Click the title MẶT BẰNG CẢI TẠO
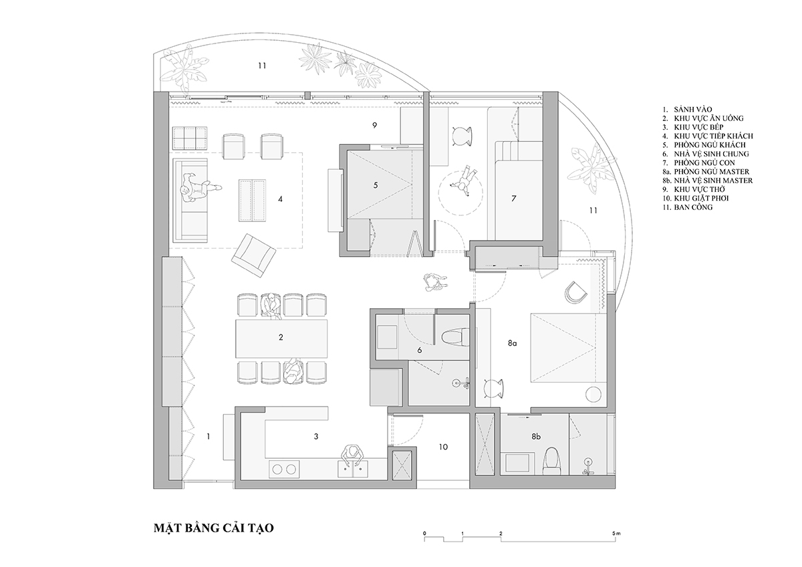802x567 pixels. click(x=214, y=529)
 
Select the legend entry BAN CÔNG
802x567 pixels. click(x=693, y=207)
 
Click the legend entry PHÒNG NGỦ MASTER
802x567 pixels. click(x=712, y=172)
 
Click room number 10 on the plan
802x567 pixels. click(x=443, y=447)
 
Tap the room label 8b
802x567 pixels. click(x=536, y=437)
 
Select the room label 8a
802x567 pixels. click(x=513, y=343)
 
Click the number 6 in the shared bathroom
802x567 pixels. click(x=420, y=350)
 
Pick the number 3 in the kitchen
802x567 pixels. click(x=315, y=437)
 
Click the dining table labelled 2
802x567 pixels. click(x=281, y=338)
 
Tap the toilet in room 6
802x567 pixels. click(x=454, y=337)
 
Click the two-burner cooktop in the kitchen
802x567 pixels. click(x=284, y=469)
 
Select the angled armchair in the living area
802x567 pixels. click(x=253, y=255)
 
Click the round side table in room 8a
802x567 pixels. click(x=593, y=394)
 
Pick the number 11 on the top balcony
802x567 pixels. click(x=262, y=66)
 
